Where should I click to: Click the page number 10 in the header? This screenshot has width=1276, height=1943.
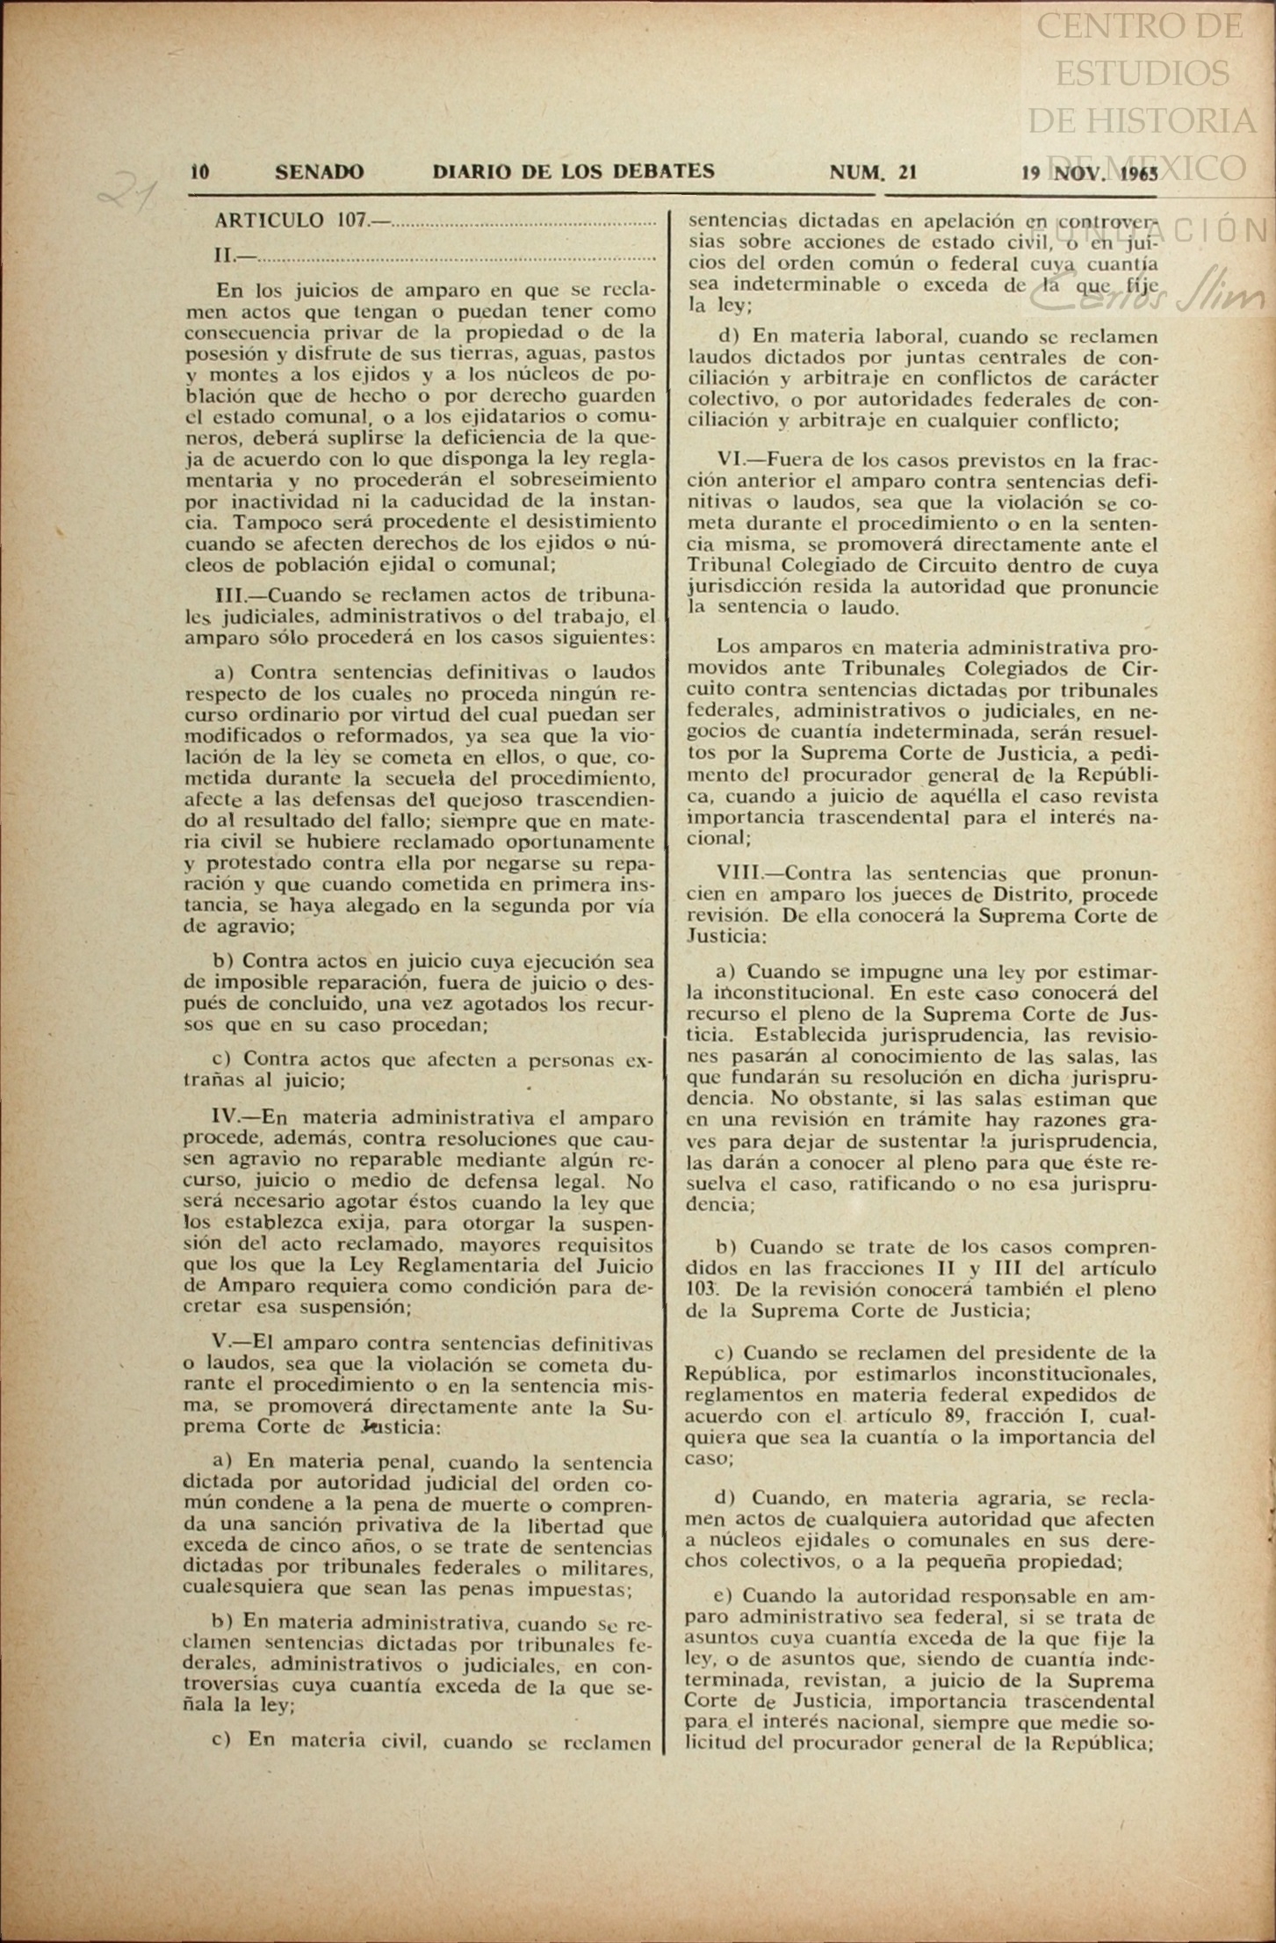click(199, 172)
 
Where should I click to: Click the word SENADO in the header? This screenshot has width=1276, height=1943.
click(319, 172)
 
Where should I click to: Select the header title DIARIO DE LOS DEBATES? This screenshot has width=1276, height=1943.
click(573, 171)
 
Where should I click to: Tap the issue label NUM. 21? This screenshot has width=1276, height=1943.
click(873, 172)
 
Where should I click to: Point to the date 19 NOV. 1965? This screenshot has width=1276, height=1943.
click(1089, 172)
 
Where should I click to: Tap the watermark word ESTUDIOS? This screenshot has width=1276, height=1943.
click(1142, 74)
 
